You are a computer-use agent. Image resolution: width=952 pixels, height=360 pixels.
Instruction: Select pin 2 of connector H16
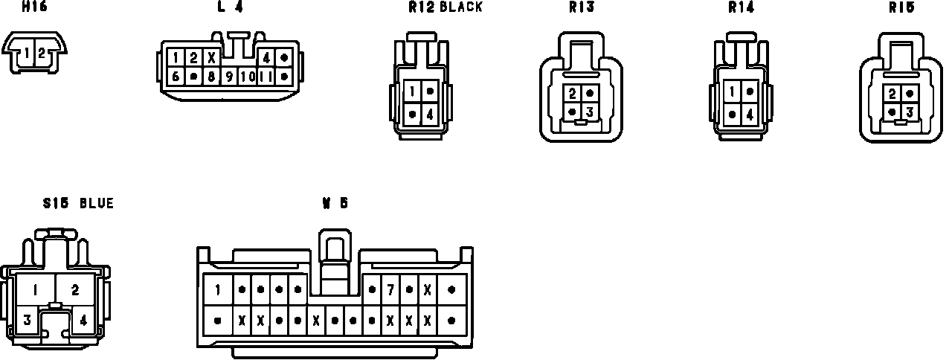coord(42,53)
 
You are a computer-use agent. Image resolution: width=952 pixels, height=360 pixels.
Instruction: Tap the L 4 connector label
coord(225,7)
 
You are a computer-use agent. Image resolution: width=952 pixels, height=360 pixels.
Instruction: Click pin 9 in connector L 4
coord(230,76)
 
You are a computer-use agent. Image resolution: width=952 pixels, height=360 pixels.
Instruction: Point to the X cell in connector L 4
coord(211,58)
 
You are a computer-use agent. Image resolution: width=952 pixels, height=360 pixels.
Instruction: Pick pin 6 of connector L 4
coord(176,76)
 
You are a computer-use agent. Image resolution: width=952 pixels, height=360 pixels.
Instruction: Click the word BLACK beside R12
coord(461,7)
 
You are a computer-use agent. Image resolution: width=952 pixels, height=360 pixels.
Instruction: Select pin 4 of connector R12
coord(430,115)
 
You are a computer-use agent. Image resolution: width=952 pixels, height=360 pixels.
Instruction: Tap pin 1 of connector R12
coord(413,91)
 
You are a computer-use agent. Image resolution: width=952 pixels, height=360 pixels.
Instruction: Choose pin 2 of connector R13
coord(572,94)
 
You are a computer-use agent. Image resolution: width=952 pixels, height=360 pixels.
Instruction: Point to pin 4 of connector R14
coord(750,115)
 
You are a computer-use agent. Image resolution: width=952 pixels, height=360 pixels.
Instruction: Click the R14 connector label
coord(742,7)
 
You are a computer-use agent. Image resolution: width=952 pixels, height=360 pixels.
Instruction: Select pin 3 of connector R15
coord(909,112)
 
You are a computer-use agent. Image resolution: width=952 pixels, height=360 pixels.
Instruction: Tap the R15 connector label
coord(901,7)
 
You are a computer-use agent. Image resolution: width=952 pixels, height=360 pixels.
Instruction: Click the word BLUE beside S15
coord(97,203)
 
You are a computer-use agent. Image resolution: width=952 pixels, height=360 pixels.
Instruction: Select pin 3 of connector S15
coord(27,321)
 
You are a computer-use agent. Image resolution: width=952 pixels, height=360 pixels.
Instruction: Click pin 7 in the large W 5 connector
coord(390,289)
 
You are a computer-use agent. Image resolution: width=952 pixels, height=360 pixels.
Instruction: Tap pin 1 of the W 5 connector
coord(218,289)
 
